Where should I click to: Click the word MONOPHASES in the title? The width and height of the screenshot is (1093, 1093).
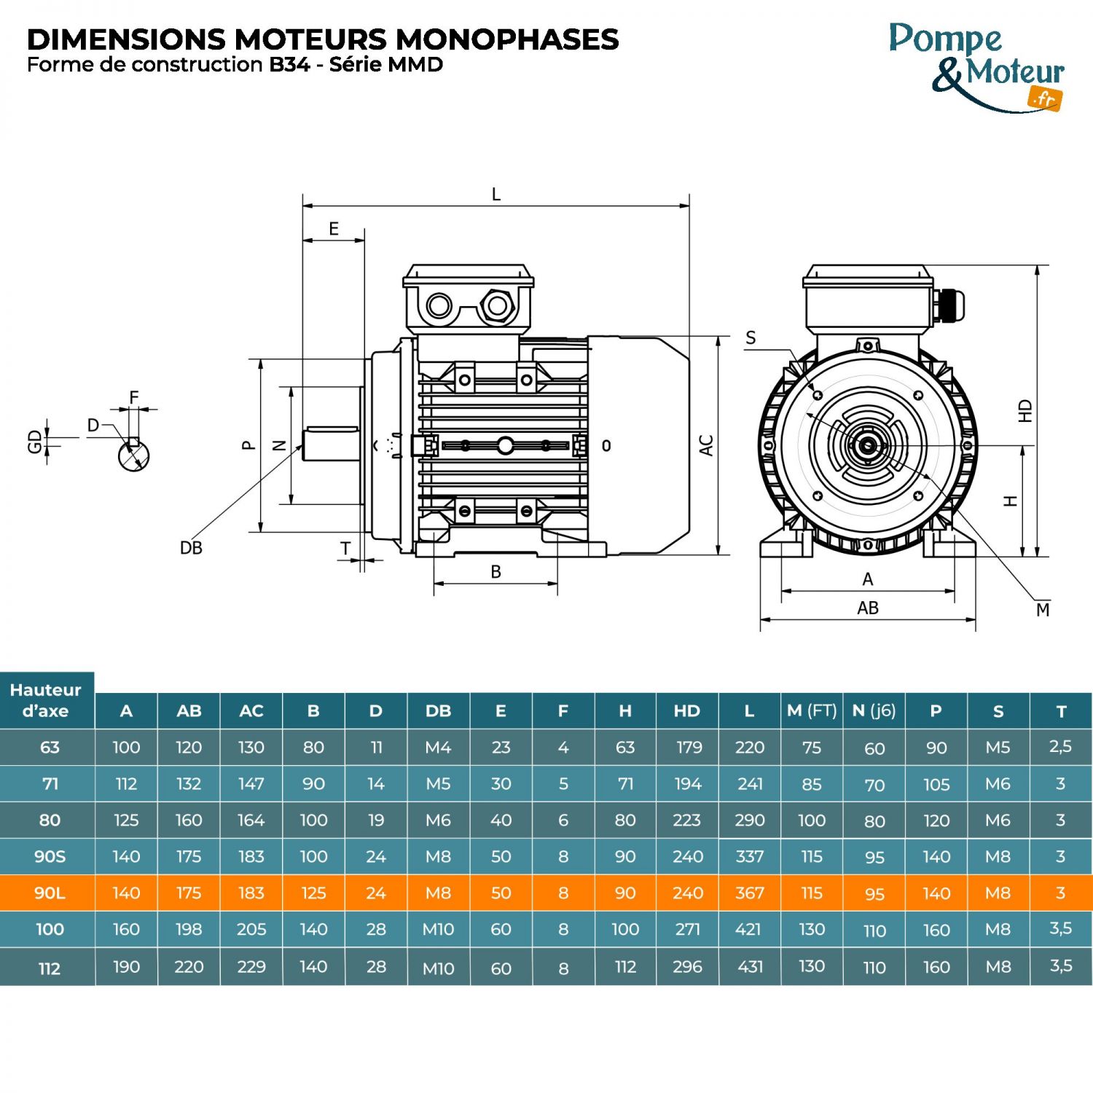[507, 39]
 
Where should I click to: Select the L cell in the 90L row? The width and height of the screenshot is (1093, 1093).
[749, 893]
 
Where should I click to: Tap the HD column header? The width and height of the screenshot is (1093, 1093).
[687, 710]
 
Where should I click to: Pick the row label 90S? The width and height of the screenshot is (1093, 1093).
[50, 856]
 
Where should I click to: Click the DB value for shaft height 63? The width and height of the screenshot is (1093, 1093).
[438, 747]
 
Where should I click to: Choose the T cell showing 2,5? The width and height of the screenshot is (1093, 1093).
[1060, 746]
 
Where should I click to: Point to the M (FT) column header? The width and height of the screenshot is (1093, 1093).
[812, 710]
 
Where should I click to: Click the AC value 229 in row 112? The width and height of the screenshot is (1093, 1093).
[251, 966]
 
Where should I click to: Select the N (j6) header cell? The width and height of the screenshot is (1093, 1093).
[874, 710]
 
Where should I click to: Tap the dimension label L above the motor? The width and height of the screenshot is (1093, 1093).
[496, 195]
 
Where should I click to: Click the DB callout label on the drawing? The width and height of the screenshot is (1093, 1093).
[191, 548]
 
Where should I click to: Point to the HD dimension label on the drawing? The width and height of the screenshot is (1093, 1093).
[1026, 411]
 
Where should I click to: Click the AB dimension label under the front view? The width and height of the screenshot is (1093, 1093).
[868, 608]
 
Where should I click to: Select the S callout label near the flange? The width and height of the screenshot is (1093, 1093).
[751, 338]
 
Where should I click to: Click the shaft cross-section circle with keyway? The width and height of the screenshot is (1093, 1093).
[133, 455]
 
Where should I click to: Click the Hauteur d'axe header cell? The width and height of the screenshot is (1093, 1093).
[46, 700]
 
